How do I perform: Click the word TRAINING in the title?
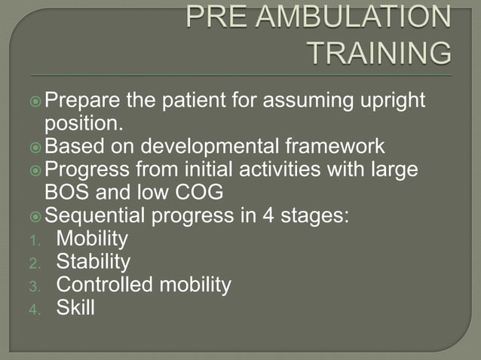[x=381, y=53]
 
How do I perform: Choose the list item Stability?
[x=93, y=262]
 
